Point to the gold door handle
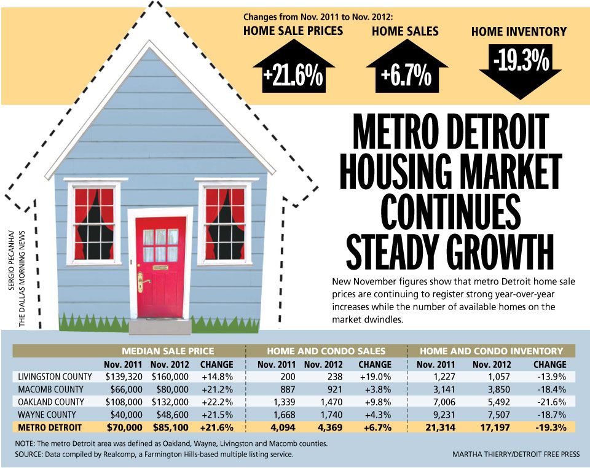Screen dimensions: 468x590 pyautogui.click(x=141, y=282)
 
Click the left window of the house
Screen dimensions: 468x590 pyautogui.click(x=93, y=223)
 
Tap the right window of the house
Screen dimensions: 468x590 pyautogui.click(x=224, y=222)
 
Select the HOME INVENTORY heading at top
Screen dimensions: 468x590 pyautogui.click(x=519, y=32)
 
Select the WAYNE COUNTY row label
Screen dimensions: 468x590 pyautogui.click(x=47, y=415)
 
